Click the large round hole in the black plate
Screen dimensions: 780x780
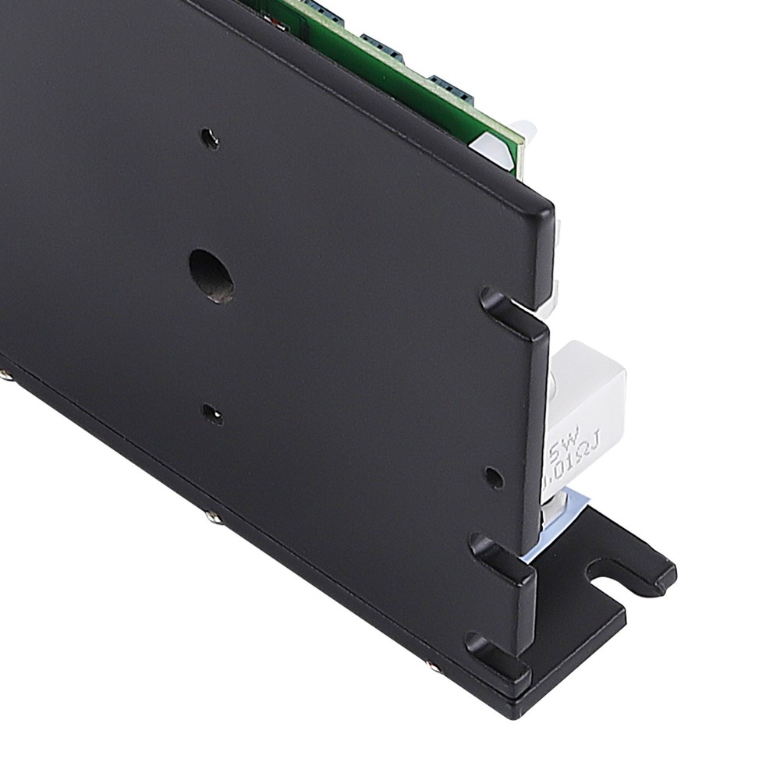pos(212,276)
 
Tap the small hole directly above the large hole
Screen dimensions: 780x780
pos(210,140)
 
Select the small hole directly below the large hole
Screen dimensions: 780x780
pos(211,414)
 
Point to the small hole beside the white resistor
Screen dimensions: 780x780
pos(494,477)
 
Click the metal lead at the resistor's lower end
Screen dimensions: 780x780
pos(553,515)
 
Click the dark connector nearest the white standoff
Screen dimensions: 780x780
pos(451,86)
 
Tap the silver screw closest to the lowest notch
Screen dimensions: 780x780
pos(431,666)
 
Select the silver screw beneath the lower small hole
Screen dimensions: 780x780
pos(209,516)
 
